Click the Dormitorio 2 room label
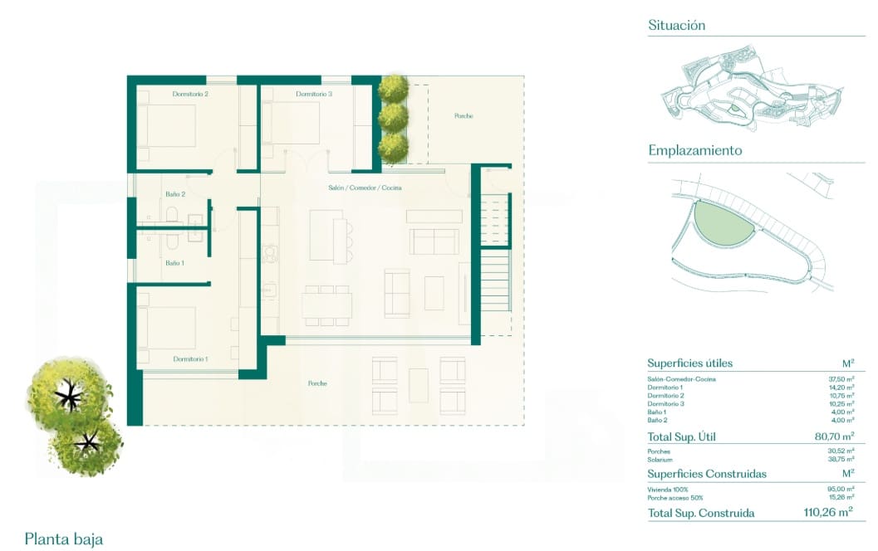190,95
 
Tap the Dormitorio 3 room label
314,95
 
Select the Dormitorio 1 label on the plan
190,358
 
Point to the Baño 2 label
174,193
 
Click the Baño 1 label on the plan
174,262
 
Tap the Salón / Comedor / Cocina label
365,188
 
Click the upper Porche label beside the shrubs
464,116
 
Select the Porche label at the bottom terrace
316,383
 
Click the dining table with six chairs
326,306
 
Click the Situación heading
677,26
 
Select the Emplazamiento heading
694,151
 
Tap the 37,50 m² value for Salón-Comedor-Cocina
841,379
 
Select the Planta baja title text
65,539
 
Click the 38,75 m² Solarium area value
841,459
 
